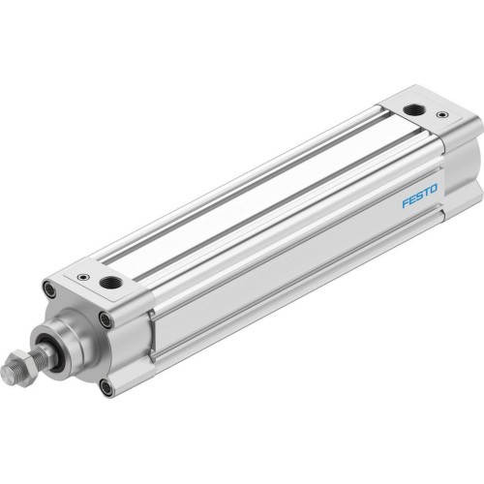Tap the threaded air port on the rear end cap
tap(414, 111)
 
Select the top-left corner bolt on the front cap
tap(48, 288)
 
